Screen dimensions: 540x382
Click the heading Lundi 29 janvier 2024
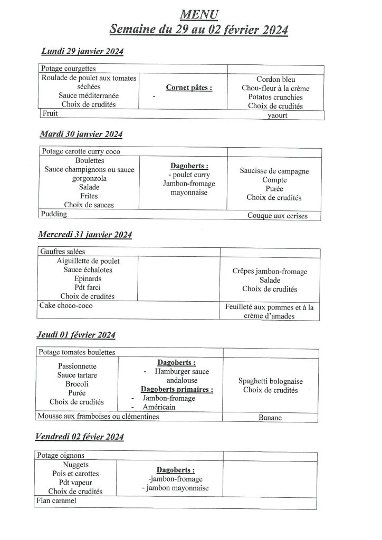82,52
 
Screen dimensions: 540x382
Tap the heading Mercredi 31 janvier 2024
85,235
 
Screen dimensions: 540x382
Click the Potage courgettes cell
69,69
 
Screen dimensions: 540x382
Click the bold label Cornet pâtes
189,88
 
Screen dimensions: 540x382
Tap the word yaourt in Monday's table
278,115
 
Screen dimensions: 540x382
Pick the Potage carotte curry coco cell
81,151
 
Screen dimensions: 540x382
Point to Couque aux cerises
277,216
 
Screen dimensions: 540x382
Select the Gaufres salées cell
62,252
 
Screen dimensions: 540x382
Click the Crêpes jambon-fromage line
270,271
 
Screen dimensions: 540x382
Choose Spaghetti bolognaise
271,381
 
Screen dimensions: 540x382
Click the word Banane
270,418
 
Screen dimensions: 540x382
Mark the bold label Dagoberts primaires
173,390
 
